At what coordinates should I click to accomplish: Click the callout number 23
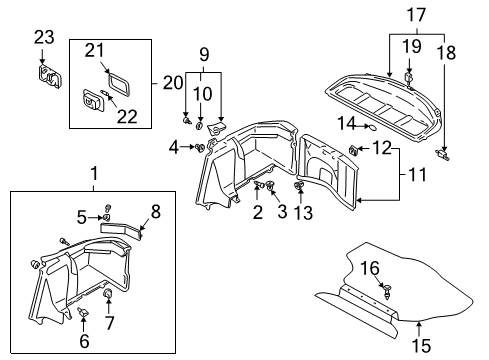tap(44, 37)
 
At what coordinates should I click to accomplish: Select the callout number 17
tap(416, 15)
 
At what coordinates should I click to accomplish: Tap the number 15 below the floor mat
tap(421, 345)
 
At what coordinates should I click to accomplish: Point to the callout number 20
tap(173, 83)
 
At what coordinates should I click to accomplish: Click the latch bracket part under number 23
tap(49, 77)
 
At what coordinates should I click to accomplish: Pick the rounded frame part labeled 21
tap(119, 84)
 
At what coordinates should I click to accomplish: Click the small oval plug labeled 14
tap(373, 127)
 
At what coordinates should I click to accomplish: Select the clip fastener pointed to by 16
tap(388, 291)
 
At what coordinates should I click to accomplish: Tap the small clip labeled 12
tap(353, 150)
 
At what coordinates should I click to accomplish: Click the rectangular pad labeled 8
tap(121, 230)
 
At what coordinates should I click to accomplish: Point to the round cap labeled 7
tap(108, 294)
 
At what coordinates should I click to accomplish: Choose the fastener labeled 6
tap(83, 312)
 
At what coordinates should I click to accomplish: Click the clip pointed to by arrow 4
tap(200, 148)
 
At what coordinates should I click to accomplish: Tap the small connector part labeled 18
tap(442, 154)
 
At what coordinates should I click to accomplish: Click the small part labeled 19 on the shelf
tap(409, 77)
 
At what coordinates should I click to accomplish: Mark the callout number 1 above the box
tap(95, 173)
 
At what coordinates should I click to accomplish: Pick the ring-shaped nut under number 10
tap(199, 126)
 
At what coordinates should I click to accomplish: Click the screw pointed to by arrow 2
tap(259, 184)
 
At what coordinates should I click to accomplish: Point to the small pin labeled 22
tap(104, 92)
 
